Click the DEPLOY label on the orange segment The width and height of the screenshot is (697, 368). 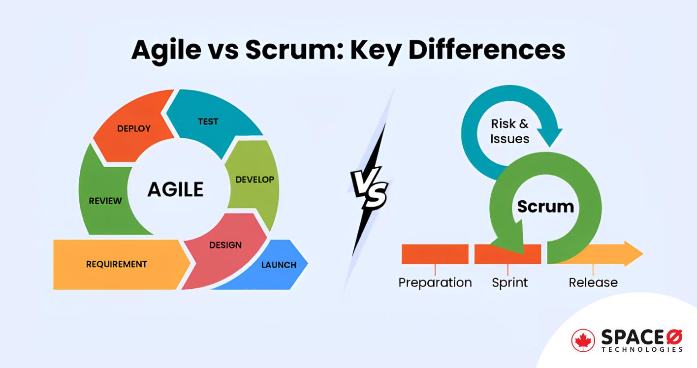click(133, 128)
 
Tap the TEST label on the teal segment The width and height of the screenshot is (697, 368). click(208, 121)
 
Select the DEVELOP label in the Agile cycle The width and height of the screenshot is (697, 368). click(254, 180)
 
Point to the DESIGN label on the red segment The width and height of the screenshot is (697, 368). click(225, 245)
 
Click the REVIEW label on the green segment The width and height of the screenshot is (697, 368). click(105, 201)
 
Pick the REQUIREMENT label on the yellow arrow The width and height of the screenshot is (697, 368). click(116, 264)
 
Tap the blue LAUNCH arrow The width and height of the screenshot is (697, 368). click(279, 265)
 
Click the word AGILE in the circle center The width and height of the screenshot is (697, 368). click(175, 189)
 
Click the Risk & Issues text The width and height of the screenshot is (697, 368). click(509, 131)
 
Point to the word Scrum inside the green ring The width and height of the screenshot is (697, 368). click(545, 206)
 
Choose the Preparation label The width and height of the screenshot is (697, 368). click(435, 283)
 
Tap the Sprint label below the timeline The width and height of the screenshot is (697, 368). click(509, 283)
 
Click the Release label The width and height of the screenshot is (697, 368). click(593, 283)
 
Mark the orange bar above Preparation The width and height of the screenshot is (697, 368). click(435, 254)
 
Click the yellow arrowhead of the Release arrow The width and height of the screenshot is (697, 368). click(633, 253)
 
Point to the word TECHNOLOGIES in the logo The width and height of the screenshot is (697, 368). click(642, 349)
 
